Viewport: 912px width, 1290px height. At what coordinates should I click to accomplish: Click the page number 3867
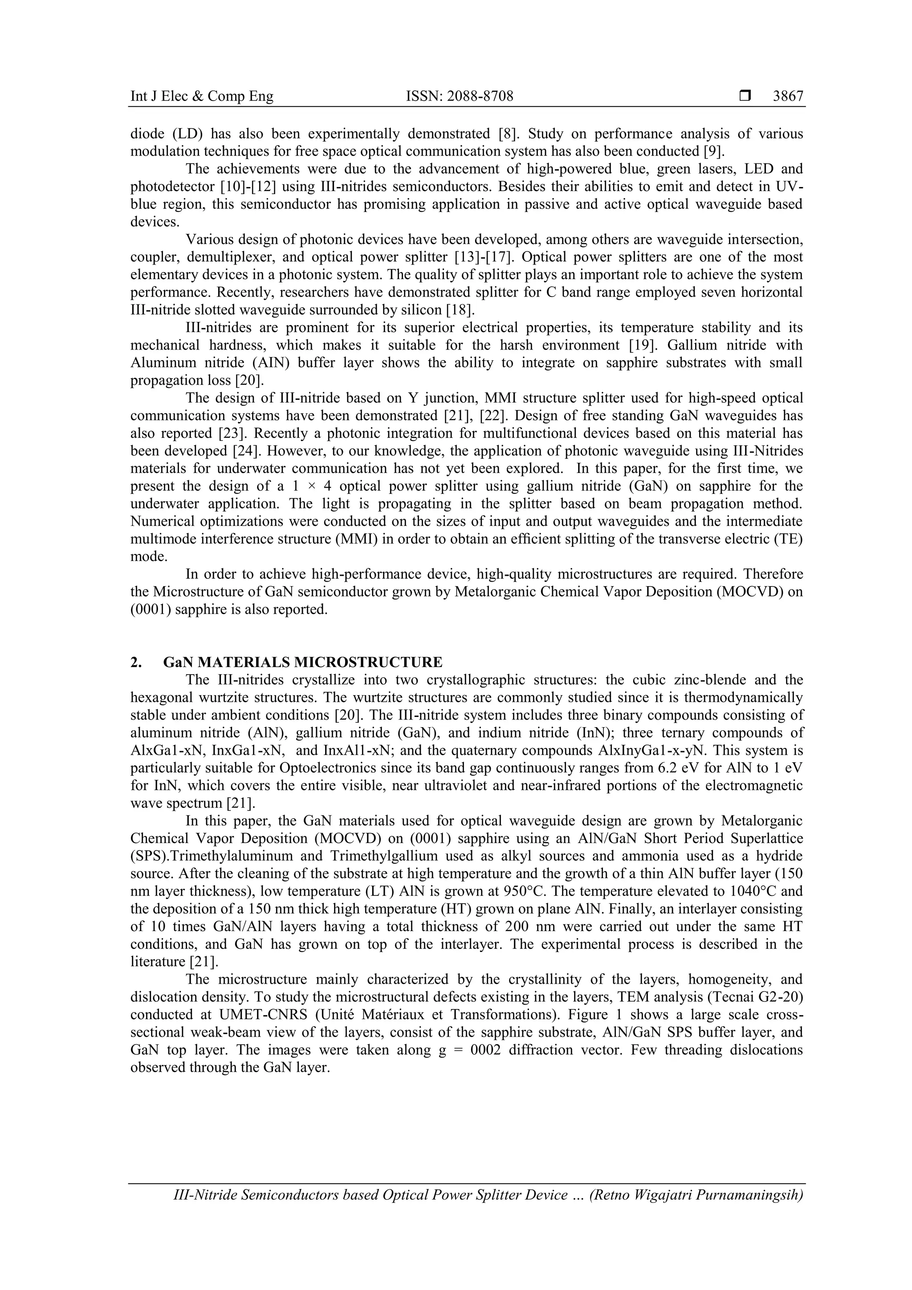tap(788, 97)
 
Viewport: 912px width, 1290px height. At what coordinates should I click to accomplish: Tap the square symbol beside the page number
tap(745, 97)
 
